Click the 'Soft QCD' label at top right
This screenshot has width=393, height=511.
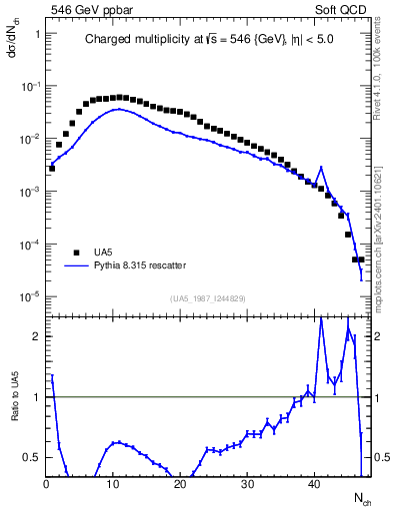pos(343,8)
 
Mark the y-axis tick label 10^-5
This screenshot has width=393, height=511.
pos(31,295)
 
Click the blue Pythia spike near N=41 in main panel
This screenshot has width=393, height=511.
pos(321,168)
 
